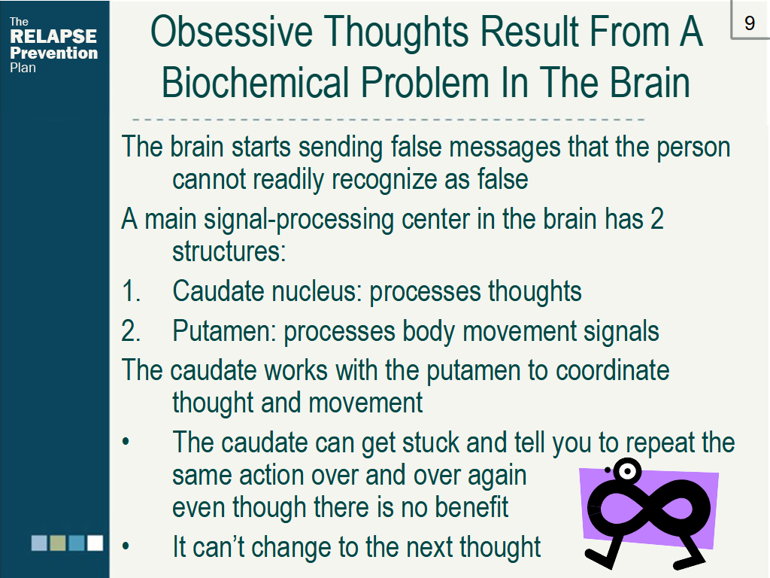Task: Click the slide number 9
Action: (x=750, y=23)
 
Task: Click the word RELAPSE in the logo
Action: (x=53, y=36)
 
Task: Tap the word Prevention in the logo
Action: (x=54, y=53)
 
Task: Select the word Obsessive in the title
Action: (x=232, y=32)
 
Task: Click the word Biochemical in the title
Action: (x=256, y=82)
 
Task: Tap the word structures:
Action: (x=229, y=251)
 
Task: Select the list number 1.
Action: (x=131, y=291)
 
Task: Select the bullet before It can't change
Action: (x=126, y=546)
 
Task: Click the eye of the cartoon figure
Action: (x=627, y=471)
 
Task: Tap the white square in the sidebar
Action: (x=95, y=543)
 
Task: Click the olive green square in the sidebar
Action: (x=58, y=543)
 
